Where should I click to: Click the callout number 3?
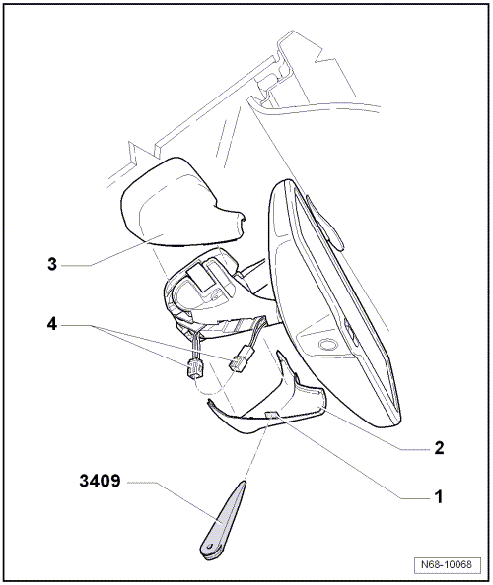pos(52,264)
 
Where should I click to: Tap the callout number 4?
pos(52,323)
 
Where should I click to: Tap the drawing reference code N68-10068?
pos(450,566)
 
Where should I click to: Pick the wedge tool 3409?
pos(224,517)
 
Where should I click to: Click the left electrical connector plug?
pos(193,372)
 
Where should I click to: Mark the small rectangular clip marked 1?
pos(273,418)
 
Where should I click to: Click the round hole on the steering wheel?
pos(325,347)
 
